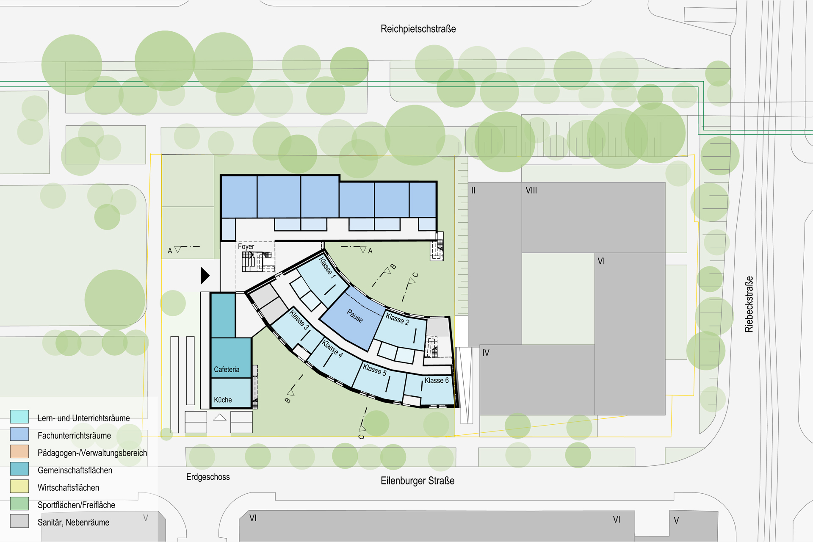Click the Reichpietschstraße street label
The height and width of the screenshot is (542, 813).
pos(418,29)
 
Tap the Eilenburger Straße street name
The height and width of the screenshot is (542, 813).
pos(418,481)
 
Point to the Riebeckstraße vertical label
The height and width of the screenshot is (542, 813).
pos(749,304)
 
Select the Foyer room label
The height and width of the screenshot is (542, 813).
pos(246,246)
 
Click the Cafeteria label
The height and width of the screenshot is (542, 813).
pos(227,369)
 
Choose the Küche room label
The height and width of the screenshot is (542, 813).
pos(223,400)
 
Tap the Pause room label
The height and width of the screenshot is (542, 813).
pos(355,316)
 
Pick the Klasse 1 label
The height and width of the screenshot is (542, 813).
pos(327,267)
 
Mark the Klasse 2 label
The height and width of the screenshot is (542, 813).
pos(397,319)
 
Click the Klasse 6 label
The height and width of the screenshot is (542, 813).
pos(437,380)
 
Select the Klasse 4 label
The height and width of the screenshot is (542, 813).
pos(332,348)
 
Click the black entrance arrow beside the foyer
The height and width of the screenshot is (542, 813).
pos(205,275)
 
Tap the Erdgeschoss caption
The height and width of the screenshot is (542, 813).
pos(208,477)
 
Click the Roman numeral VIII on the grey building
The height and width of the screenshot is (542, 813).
pos(531,191)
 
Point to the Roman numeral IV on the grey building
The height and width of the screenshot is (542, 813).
pos(486,353)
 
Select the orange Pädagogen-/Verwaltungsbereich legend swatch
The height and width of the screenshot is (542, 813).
pos(19,451)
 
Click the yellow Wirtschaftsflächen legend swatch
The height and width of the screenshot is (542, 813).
pos(19,486)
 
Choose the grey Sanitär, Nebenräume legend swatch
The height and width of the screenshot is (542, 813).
pos(19,521)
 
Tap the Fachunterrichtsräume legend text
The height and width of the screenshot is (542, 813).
pos(74,435)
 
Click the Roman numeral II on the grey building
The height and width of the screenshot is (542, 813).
pos(473,191)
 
